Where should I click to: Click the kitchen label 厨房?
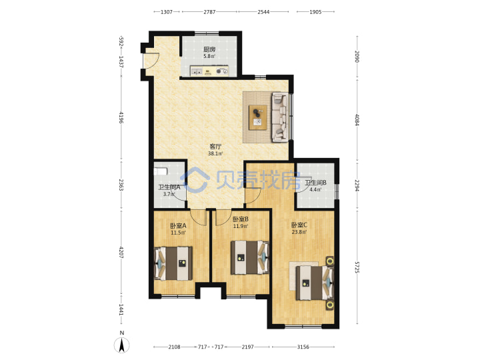pyautogui.click(x=209, y=49)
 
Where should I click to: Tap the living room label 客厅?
pyautogui.click(x=215, y=147)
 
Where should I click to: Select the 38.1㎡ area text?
pyautogui.click(x=215, y=153)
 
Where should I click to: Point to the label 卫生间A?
pyautogui.click(x=169, y=187)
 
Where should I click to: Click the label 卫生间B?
pyautogui.click(x=315, y=183)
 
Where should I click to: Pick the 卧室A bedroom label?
pyautogui.click(x=178, y=226)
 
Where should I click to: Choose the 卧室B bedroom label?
pyautogui.click(x=240, y=219)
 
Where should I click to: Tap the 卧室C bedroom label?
pyautogui.click(x=299, y=225)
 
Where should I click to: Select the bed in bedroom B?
pyautogui.click(x=250, y=257)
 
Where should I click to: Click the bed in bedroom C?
pyautogui.click(x=315, y=283)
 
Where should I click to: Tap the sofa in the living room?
pyautogui.click(x=280, y=117)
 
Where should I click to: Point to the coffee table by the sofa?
pyautogui.click(x=258, y=117)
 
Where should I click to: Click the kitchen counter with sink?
pyautogui.click(x=209, y=71)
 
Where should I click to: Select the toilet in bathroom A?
pyautogui.click(x=161, y=171)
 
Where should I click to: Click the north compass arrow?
pyautogui.click(x=122, y=345)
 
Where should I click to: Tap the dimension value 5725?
pyautogui.click(x=357, y=267)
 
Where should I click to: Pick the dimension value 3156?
pyautogui.click(x=303, y=347)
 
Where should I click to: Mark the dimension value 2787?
pyautogui.click(x=209, y=12)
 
